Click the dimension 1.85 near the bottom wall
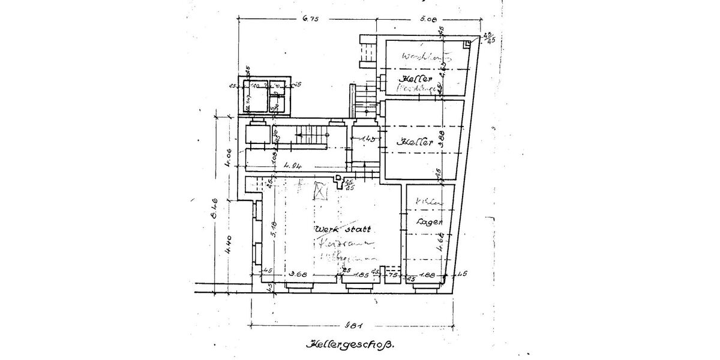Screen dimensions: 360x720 [361, 275]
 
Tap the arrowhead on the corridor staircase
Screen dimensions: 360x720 [297, 136]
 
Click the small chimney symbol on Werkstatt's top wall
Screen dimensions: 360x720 [338, 178]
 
